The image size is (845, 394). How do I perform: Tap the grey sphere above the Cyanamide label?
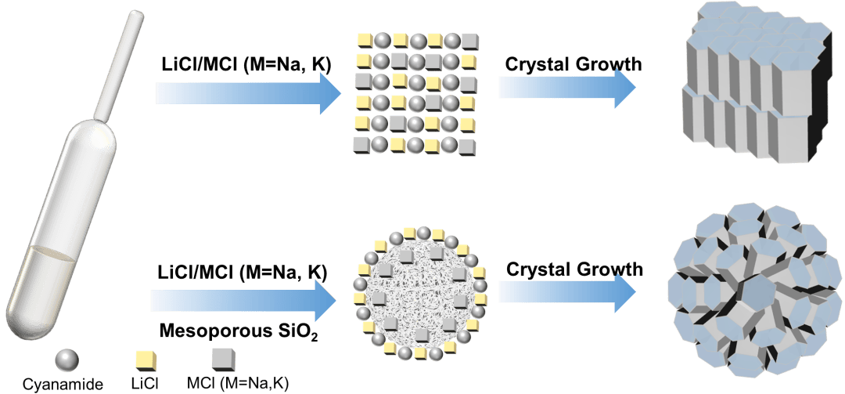tap(67, 360)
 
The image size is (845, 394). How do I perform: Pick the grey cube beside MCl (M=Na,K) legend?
tap(221, 359)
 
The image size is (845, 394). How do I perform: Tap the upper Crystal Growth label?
tap(574, 63)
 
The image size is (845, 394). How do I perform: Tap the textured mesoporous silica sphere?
tap(415, 290)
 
